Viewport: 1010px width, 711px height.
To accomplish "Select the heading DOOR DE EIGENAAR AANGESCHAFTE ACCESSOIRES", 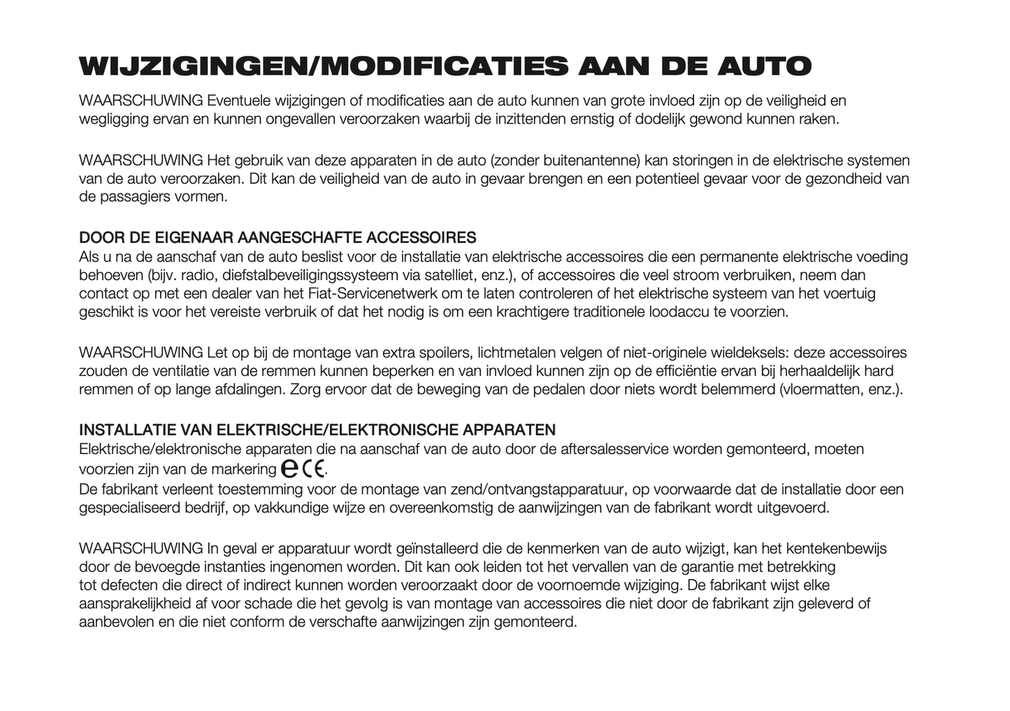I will [x=277, y=238].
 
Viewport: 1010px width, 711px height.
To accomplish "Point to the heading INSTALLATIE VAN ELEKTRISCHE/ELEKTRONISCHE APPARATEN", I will [x=317, y=430].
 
